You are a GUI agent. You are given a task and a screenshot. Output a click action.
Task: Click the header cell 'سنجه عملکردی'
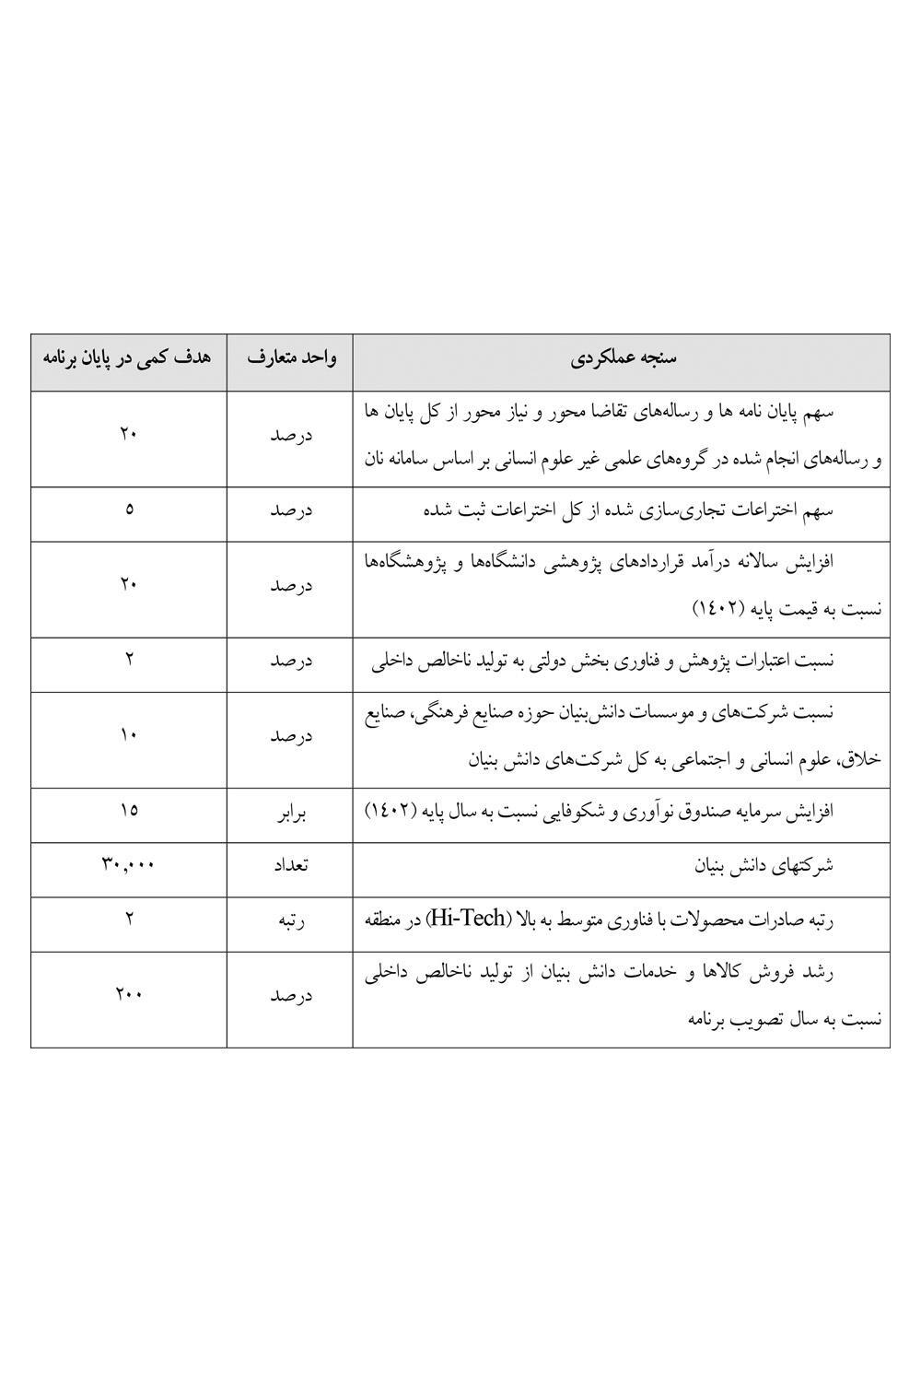[623, 358]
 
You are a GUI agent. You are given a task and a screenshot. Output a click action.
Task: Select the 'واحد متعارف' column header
[291, 358]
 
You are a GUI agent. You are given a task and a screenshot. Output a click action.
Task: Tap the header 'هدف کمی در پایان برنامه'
[128, 358]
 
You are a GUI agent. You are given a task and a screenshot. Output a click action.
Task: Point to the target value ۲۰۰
[128, 994]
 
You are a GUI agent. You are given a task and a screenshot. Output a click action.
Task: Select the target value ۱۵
[128, 810]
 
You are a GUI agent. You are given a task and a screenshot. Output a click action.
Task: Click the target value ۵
[128, 508]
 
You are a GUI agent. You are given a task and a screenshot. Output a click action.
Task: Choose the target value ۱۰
[128, 734]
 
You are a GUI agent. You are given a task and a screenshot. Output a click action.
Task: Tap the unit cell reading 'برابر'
[291, 814]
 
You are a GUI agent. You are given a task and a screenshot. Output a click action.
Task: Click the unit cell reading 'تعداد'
[291, 865]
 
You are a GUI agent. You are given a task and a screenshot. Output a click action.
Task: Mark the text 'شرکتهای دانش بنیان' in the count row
[764, 865]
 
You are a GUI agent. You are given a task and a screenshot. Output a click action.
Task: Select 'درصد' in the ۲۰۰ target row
[291, 996]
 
